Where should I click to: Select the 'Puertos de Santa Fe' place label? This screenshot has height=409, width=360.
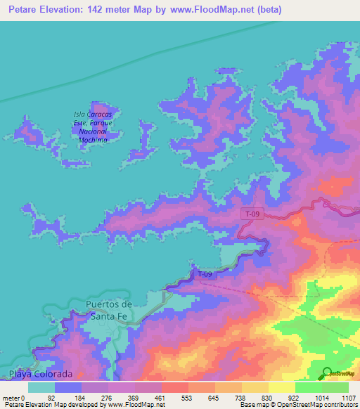coord(108,309)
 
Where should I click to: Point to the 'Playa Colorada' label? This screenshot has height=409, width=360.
coord(41,372)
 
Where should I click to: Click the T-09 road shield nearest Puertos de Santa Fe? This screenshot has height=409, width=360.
coord(204,274)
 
